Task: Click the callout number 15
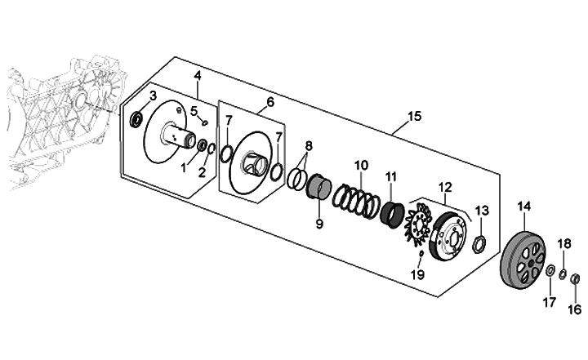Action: pos(414,116)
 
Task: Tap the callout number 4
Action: pos(198,76)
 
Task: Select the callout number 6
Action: pos(270,101)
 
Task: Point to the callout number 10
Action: pos(361,165)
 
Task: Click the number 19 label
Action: pos(417,274)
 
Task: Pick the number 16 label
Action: pos(575,309)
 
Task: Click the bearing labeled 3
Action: pos(136,119)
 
